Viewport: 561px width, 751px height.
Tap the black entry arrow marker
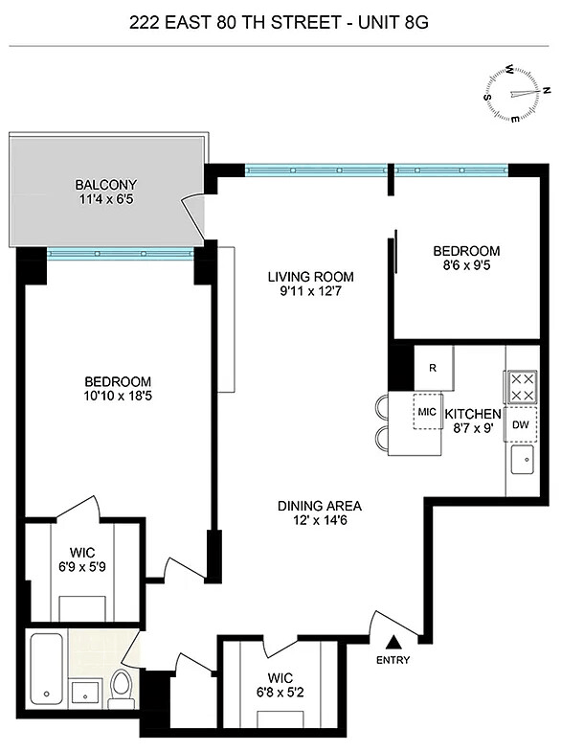point(393,642)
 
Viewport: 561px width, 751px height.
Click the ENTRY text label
point(393,660)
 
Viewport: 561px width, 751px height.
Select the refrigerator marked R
point(433,368)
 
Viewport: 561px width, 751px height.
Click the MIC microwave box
point(427,412)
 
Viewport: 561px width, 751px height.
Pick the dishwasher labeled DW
point(521,423)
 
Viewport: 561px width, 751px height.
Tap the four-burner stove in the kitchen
point(521,387)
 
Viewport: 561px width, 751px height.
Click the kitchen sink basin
point(523,460)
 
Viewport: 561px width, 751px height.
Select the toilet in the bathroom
point(121,688)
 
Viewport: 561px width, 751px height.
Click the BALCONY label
point(105,185)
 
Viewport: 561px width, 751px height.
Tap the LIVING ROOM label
point(310,277)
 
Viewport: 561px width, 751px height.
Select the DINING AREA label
point(320,506)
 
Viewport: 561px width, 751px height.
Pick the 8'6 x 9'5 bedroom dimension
point(466,265)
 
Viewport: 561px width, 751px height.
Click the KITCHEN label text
point(473,414)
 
